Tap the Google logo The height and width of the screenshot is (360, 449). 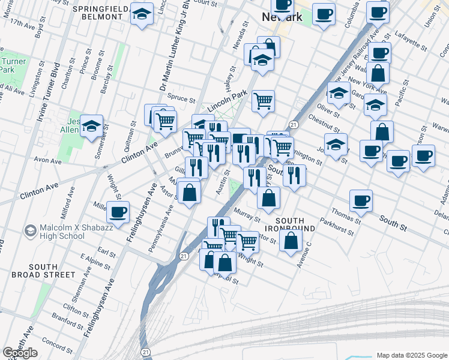tap(20, 353)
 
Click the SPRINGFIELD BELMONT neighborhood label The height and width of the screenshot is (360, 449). tap(102, 14)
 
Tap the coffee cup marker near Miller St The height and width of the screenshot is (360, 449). tap(118, 212)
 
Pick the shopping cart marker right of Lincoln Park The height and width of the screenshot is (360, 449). tap(263, 101)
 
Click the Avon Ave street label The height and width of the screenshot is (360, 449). tap(48, 161)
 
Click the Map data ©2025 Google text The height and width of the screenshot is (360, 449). tap(412, 355)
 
